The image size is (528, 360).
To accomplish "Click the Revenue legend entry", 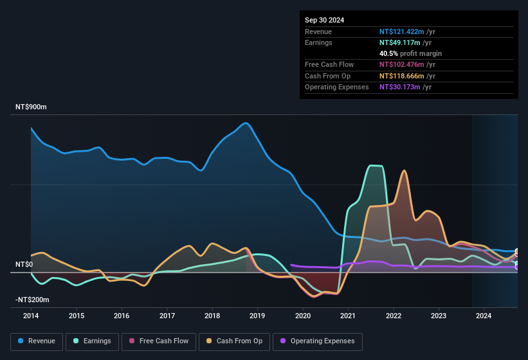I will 37,341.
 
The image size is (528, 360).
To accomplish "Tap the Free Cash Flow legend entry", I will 159,341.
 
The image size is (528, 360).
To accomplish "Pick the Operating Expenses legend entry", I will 318,341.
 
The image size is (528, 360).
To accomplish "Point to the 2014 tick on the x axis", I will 31,316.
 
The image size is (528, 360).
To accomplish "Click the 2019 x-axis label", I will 257,316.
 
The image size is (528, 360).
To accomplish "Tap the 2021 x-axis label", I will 348,316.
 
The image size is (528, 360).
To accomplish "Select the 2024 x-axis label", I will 484,316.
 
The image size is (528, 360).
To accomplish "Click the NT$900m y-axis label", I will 31,107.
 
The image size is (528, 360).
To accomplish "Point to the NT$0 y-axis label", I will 24,264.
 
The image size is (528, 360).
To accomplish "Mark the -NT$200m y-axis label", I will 32,300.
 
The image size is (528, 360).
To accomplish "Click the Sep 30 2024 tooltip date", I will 325,20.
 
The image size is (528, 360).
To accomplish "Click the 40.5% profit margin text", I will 410,53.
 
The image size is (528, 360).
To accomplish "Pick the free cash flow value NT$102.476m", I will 403,64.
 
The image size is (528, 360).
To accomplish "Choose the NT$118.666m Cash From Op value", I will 403,76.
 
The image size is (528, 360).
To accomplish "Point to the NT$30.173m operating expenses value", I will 401,87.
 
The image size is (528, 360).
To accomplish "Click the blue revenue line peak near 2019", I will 245,123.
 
